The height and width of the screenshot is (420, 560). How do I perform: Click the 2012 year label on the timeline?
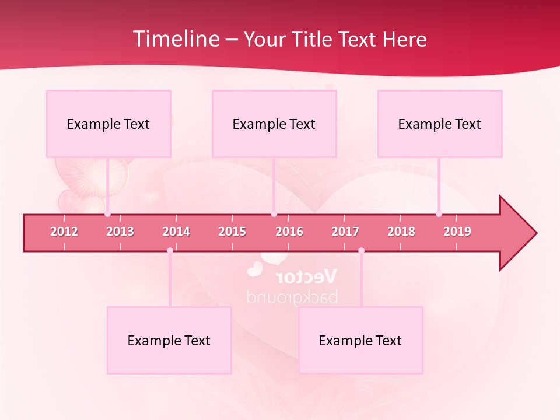point(64,232)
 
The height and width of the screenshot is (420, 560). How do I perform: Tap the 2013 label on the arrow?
point(120,232)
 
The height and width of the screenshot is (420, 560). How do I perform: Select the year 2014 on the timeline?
point(176,232)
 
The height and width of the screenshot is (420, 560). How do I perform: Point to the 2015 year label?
point(232,232)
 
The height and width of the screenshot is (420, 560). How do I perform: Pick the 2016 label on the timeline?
point(289,232)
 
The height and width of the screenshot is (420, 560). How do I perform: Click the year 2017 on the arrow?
point(345,232)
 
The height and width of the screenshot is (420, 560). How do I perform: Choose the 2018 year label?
point(401,232)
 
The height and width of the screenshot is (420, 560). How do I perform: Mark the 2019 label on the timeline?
point(457,232)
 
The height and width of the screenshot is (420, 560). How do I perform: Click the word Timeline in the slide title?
point(175,39)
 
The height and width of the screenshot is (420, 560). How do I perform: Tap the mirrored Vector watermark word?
point(306,276)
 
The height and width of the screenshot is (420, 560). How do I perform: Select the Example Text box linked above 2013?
point(108,124)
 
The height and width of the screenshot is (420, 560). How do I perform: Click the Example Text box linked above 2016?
point(274,124)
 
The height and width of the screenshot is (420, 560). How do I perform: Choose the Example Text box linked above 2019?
point(440,124)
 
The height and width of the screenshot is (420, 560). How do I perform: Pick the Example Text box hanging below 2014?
point(169,340)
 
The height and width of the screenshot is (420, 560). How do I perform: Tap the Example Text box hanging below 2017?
point(360,340)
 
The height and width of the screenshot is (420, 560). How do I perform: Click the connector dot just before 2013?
point(107,214)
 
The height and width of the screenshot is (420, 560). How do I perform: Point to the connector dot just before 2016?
point(274,214)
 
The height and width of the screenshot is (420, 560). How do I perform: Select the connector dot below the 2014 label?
point(170,250)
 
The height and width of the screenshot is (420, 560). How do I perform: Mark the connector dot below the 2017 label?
point(361,250)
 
